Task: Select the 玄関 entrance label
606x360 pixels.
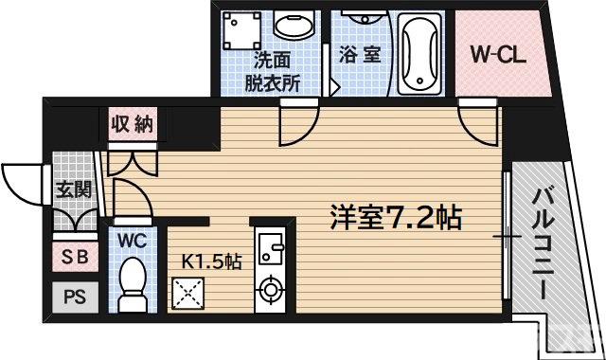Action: pos(72,189)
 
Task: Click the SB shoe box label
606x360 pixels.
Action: pos(72,257)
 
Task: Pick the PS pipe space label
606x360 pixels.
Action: pos(73,296)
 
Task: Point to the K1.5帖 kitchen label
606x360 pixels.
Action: pos(211,259)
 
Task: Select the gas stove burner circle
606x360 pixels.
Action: pos(271,289)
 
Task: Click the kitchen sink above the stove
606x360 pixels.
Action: pos(273,248)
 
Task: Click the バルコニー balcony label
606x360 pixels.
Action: pos(545,242)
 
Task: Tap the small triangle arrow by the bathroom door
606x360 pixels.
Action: pos(334,90)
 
